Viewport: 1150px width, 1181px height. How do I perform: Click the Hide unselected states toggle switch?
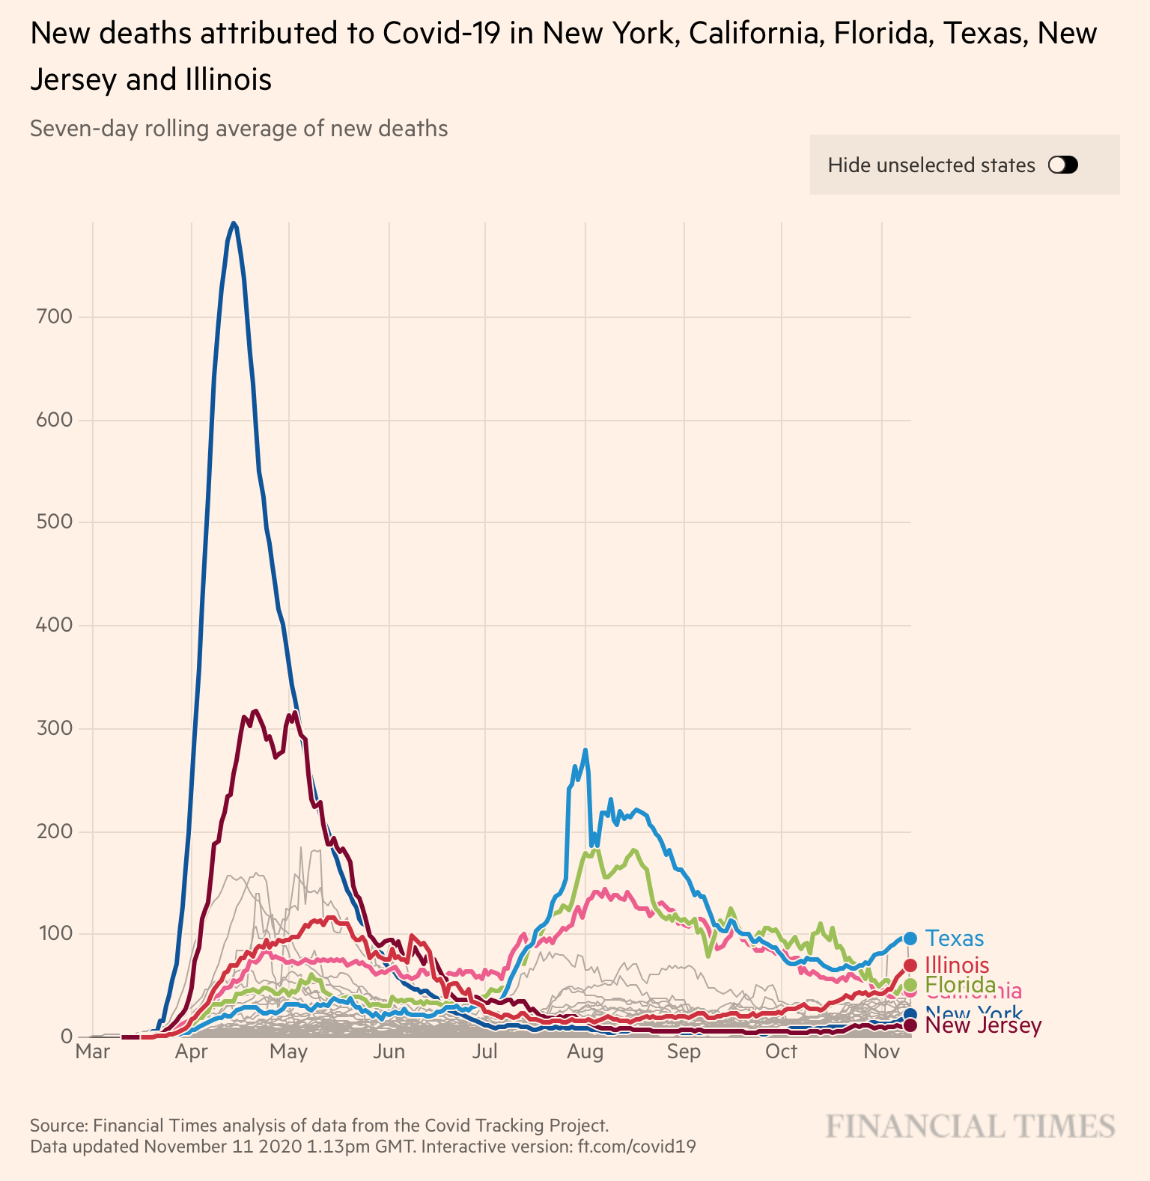tap(1063, 165)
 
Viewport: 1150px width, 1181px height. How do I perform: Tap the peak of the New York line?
tap(234, 223)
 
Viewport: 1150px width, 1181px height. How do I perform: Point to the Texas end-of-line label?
tap(955, 938)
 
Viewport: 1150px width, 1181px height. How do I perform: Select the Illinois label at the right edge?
tap(957, 965)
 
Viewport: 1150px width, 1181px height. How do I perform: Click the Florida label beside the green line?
tap(960, 984)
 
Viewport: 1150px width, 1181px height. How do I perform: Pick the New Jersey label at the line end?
tap(983, 1025)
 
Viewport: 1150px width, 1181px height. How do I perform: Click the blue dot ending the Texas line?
tap(910, 938)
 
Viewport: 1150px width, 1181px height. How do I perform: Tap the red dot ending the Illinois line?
tap(910, 965)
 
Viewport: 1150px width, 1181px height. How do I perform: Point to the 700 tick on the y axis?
tap(54, 317)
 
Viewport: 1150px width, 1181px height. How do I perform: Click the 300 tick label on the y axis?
tap(54, 728)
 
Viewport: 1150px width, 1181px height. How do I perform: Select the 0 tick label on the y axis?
tap(66, 1037)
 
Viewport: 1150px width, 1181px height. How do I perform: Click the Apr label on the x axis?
tap(192, 1052)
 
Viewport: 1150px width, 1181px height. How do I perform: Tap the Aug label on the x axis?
tap(585, 1052)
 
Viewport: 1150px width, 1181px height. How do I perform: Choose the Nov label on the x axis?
tap(881, 1052)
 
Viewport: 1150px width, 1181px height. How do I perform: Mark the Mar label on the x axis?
tap(93, 1052)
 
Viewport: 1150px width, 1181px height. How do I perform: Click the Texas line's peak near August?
tap(585, 749)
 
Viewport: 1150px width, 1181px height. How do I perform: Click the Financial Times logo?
tap(970, 1126)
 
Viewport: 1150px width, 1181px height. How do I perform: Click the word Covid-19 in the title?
tap(441, 34)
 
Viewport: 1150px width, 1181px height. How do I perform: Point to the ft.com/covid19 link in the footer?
tap(636, 1147)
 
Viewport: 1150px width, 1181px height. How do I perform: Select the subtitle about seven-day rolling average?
tap(239, 129)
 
